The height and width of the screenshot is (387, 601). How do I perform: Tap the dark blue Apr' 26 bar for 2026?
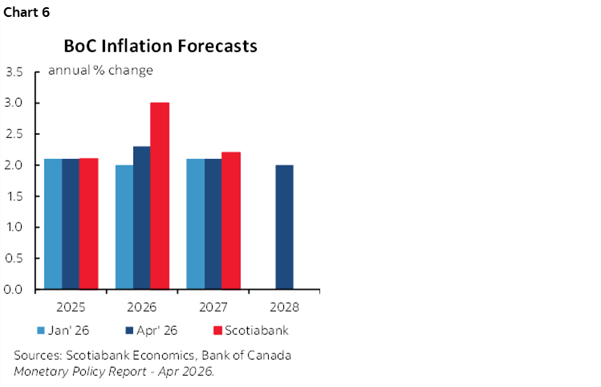[x=142, y=217]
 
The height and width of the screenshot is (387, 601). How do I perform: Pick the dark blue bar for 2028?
[x=284, y=226]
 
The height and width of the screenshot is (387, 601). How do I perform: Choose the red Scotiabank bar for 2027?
[x=231, y=220]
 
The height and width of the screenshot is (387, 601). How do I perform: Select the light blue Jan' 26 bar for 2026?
[x=124, y=226]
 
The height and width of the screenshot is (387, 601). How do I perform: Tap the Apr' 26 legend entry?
[x=155, y=329]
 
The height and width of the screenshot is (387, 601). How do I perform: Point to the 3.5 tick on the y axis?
[x=14, y=72]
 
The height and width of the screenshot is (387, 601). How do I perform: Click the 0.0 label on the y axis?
[x=14, y=289]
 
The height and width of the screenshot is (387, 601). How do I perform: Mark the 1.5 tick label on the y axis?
[x=14, y=196]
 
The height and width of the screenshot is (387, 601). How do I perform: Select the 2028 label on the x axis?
[x=284, y=307]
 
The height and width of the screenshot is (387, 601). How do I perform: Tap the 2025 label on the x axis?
[x=71, y=307]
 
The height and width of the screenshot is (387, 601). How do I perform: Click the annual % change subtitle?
[x=100, y=70]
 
